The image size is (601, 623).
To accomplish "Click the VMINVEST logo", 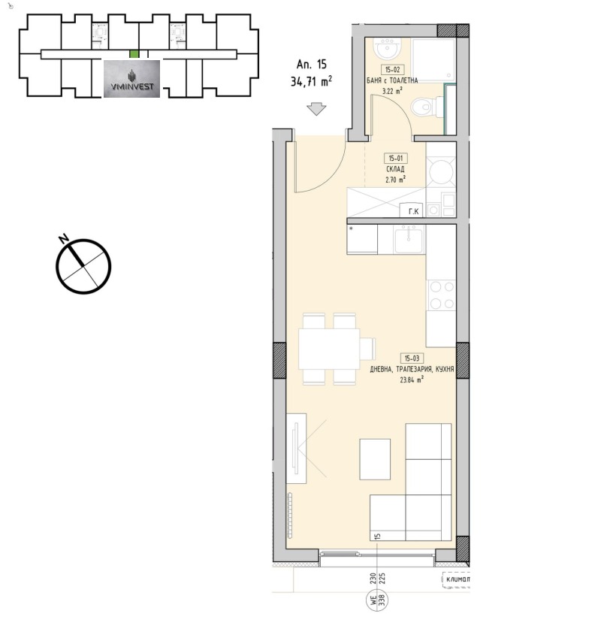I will (131, 79).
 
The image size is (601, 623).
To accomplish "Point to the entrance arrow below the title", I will (316, 110).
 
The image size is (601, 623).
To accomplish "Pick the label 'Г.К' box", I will (412, 211).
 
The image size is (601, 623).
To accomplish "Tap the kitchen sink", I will (402, 240).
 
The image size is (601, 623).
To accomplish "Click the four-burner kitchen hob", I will (441, 294).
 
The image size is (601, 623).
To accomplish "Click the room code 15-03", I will (411, 358).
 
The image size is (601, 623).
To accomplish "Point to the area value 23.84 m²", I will (411, 380).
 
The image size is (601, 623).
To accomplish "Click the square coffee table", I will (374, 458).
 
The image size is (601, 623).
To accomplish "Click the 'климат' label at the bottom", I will (457, 579).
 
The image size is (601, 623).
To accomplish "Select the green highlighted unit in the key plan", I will (134, 54).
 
